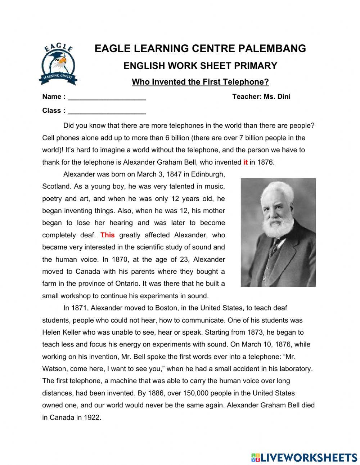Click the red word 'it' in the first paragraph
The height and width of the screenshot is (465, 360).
click(x=246, y=162)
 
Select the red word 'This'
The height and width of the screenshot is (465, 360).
click(x=107, y=235)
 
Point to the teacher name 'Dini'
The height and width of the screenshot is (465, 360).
click(x=283, y=97)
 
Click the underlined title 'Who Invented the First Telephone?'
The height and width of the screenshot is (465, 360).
click(x=200, y=82)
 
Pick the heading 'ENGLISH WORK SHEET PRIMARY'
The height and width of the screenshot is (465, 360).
click(x=200, y=66)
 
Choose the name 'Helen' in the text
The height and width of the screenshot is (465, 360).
click(x=51, y=332)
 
